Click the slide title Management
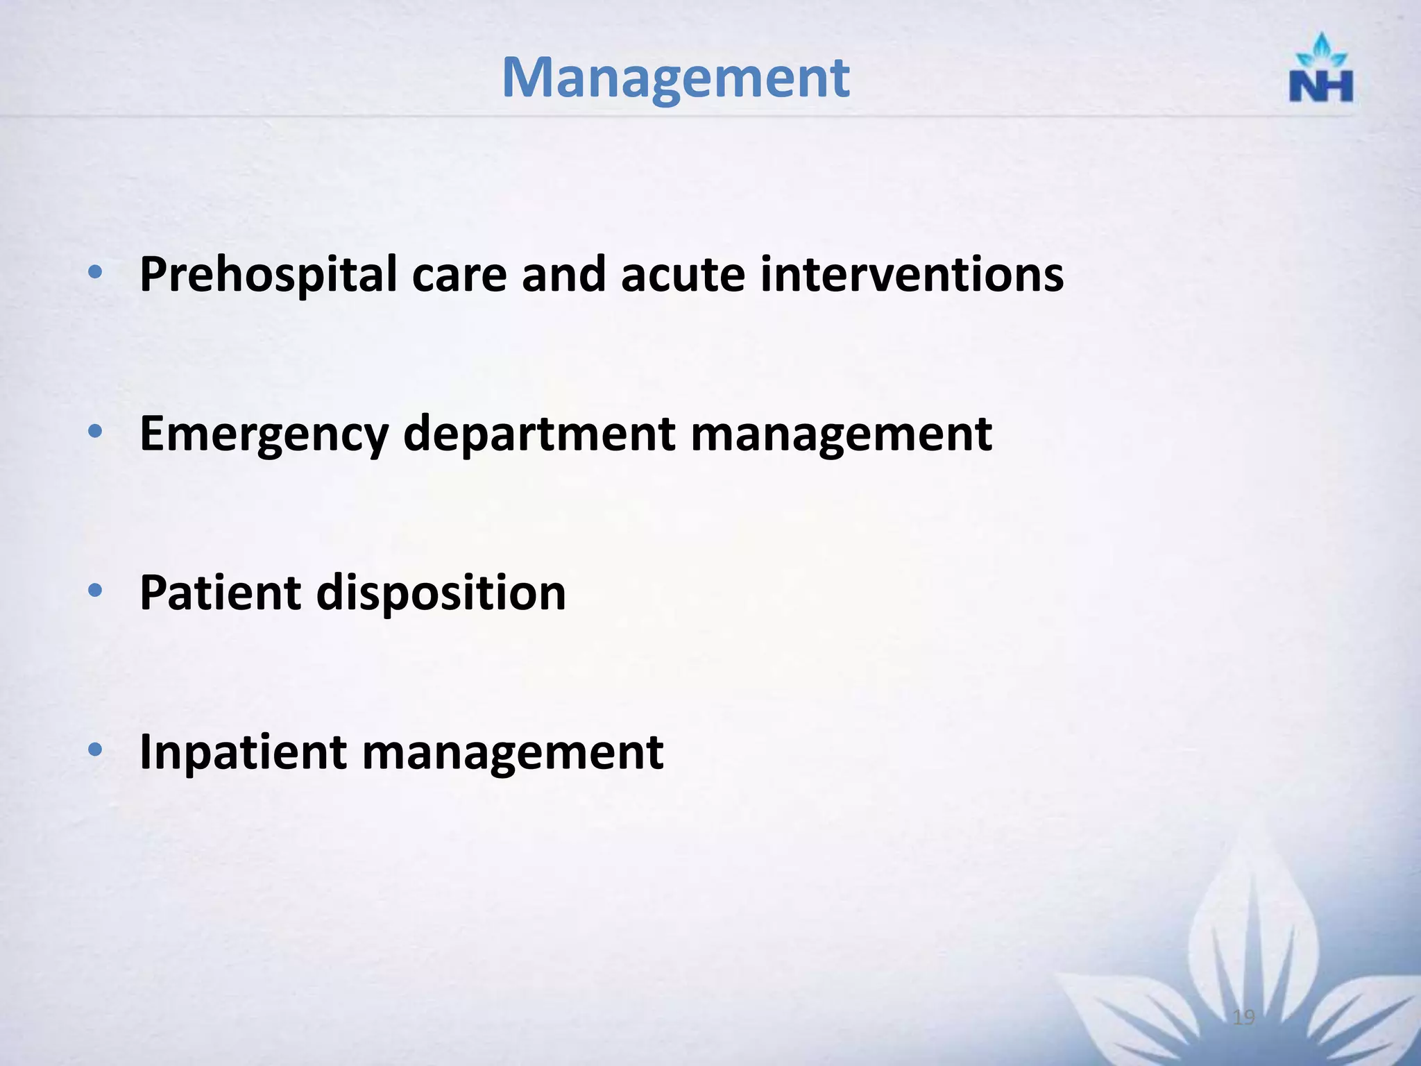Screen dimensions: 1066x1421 click(675, 78)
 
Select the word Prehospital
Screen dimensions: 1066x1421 click(269, 276)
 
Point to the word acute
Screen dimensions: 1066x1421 click(683, 276)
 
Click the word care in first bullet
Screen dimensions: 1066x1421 click(459, 276)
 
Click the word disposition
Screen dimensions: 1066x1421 click(441, 593)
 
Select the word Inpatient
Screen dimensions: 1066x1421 click(243, 753)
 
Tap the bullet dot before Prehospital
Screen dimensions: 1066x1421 click(96, 272)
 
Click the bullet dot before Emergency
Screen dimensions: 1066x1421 click(96, 432)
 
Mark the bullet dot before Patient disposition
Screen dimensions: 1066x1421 click(96, 591)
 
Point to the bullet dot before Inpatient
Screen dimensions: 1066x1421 click(96, 750)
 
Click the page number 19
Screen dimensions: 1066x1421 click(1244, 1017)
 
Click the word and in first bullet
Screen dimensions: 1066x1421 click(563, 274)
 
